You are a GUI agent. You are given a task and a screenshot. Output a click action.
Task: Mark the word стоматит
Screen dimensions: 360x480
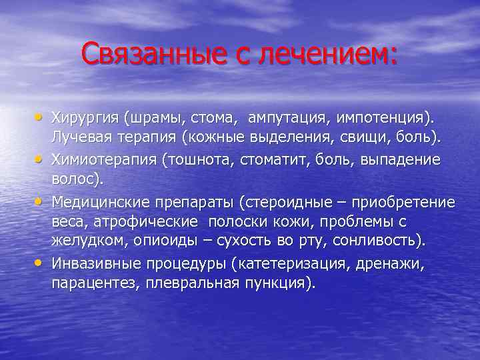click(273, 161)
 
